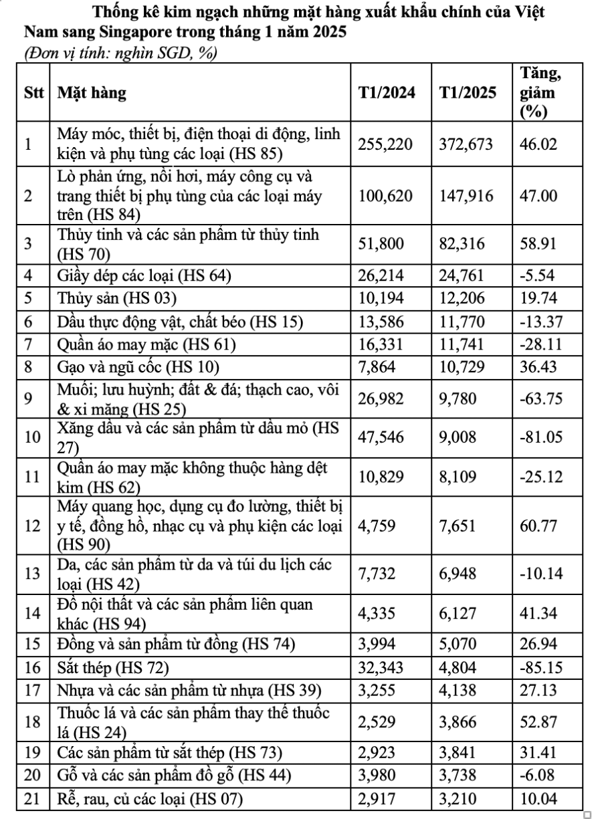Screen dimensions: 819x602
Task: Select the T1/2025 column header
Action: tap(468, 92)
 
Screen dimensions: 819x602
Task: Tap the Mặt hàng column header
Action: tap(91, 92)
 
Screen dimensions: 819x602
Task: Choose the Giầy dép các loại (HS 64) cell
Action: tap(144, 273)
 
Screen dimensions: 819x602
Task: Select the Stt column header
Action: tap(33, 92)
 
